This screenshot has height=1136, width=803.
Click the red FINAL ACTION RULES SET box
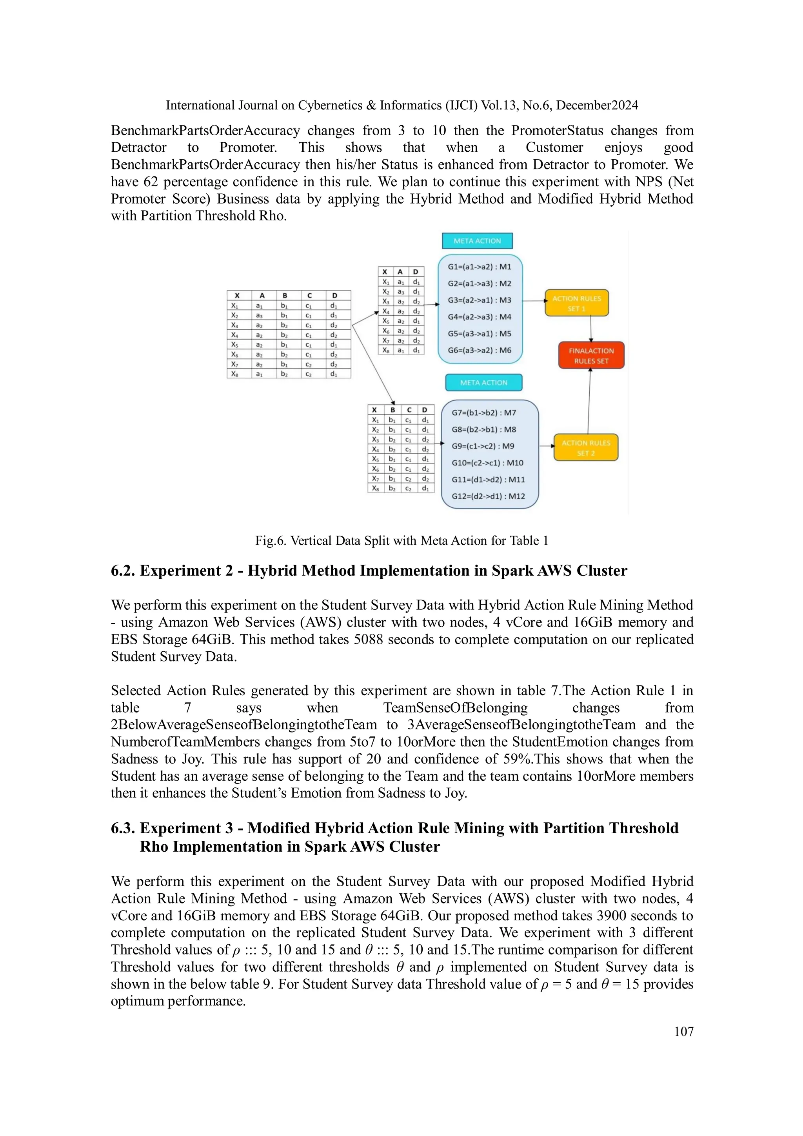591,355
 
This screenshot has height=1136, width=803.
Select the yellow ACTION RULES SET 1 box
576,303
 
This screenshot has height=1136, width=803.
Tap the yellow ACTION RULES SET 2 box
585,447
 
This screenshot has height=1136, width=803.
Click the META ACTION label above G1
477,241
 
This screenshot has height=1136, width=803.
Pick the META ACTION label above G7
483,382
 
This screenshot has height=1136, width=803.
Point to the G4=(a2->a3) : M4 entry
480,317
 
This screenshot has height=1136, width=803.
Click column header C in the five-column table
309,295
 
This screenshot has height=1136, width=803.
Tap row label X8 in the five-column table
235,374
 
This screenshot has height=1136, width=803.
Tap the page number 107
683,1031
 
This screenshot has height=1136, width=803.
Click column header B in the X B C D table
392,410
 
